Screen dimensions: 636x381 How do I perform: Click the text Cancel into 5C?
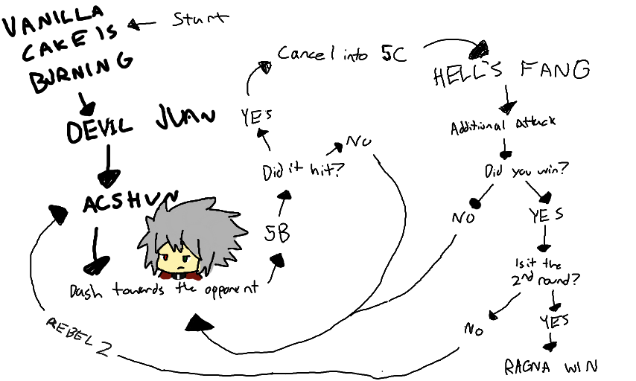(342, 54)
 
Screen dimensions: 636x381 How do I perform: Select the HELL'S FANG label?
(511, 72)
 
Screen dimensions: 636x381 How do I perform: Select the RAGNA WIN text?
(550, 366)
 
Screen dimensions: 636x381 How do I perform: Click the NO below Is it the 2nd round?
(474, 328)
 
